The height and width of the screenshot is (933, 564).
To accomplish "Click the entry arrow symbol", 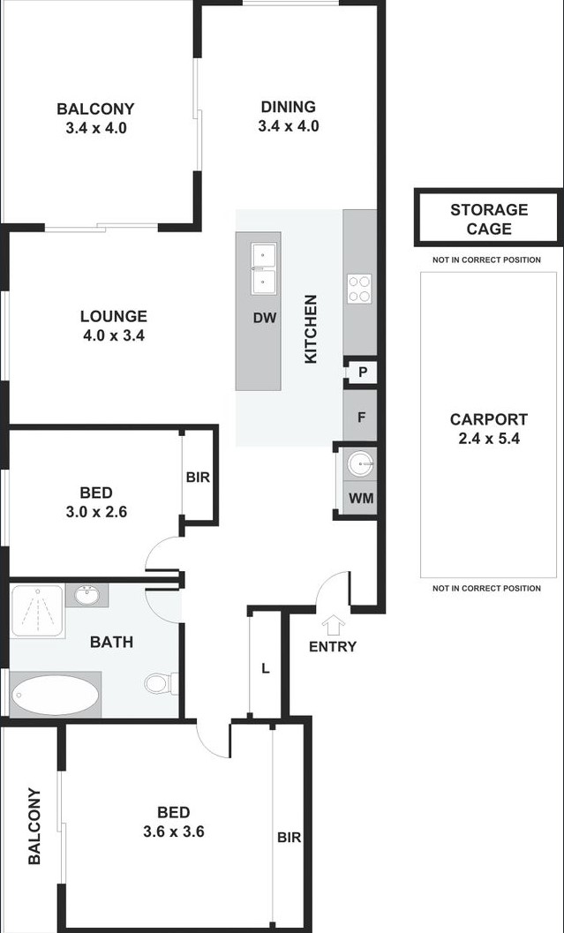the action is [333, 625].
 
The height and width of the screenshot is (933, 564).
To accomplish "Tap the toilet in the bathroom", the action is [161, 683].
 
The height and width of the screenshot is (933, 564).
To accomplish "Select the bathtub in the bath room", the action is [56, 694].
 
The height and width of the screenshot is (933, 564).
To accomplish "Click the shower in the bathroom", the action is [37, 611].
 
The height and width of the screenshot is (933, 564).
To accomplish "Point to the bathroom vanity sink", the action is [87, 595].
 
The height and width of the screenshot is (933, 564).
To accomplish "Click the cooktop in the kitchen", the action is [359, 290].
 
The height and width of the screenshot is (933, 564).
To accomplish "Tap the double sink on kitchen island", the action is [264, 268].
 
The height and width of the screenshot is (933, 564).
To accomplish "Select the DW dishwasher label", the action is [265, 318].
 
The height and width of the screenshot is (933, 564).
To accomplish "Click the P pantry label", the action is [362, 373].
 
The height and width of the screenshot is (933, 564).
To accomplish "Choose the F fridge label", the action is [361, 418].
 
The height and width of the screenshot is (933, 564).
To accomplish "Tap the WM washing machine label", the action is [361, 498].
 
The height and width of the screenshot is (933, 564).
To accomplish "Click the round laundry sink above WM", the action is [360, 463].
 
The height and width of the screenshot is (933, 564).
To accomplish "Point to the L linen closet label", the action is [266, 668].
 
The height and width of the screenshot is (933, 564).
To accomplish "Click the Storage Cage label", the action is [489, 219].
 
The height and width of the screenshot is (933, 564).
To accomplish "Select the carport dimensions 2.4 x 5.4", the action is [488, 439].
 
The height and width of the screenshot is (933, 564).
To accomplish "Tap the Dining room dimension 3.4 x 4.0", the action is [289, 126].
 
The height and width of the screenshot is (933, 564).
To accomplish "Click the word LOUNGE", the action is [114, 316].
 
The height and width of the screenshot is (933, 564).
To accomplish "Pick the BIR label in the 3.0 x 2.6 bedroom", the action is [198, 478].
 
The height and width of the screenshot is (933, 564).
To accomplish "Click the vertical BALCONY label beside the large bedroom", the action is [34, 826].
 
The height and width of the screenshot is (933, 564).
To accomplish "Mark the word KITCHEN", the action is [312, 328].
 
